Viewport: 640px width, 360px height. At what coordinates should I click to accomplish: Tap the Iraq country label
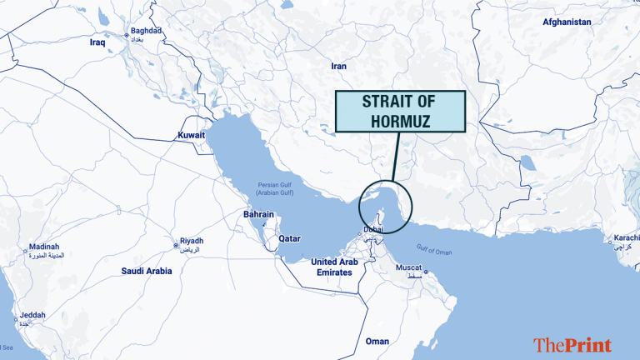point(98,41)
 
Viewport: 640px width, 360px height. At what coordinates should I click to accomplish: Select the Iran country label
point(338,66)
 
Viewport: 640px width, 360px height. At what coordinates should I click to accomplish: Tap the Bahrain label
point(258,214)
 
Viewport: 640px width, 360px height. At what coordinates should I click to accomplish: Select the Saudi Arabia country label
point(147,271)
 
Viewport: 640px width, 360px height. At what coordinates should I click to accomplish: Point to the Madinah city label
point(44,247)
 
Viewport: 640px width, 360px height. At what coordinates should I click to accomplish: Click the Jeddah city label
point(33,315)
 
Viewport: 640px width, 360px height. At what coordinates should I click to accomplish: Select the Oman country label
point(377,341)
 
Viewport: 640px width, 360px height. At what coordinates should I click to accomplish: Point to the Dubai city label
point(373,229)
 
